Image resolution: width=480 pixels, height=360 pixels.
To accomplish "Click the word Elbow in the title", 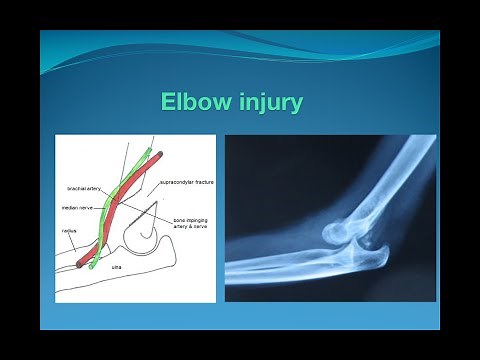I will pos(197,103).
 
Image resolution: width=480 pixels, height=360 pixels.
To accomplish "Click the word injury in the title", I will pos(267,104).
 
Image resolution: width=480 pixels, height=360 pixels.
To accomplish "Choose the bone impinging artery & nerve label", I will pos(192,222).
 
